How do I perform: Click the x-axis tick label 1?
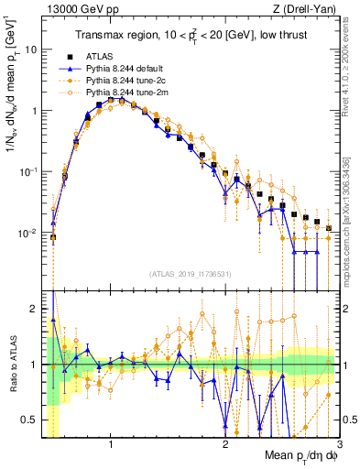111,444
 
